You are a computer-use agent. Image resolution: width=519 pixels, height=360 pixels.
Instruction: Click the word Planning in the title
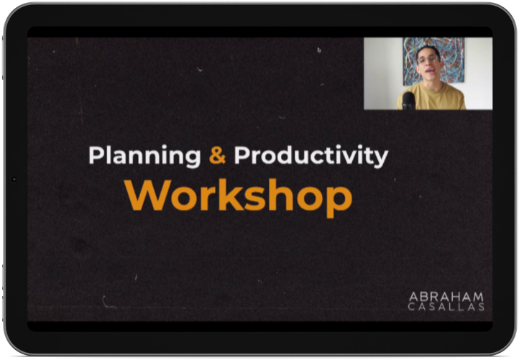(x=144, y=155)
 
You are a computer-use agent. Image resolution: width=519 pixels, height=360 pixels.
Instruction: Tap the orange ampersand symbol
(x=218, y=154)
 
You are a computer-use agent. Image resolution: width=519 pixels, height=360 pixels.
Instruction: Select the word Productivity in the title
(x=311, y=155)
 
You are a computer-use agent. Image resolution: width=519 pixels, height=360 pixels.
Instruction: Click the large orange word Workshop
(x=239, y=198)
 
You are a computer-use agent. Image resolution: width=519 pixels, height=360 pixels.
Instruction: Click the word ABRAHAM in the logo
(x=446, y=297)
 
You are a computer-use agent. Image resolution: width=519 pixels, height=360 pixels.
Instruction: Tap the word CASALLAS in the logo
(x=446, y=307)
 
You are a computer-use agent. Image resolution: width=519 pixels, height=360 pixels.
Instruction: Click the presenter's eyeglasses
(x=427, y=60)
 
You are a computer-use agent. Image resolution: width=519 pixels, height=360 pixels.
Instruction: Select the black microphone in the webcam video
(x=408, y=101)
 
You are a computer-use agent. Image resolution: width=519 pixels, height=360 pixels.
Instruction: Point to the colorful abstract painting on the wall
(x=433, y=60)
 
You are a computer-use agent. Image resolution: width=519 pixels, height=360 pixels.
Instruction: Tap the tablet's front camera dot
(x=14, y=179)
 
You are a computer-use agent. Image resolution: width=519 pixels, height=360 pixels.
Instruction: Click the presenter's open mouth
(x=430, y=72)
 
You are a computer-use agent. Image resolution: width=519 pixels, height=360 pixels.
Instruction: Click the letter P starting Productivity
(x=242, y=155)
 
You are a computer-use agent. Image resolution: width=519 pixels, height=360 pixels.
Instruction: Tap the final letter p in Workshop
(x=339, y=201)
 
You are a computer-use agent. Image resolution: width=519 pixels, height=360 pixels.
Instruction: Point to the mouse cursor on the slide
(x=319, y=50)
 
